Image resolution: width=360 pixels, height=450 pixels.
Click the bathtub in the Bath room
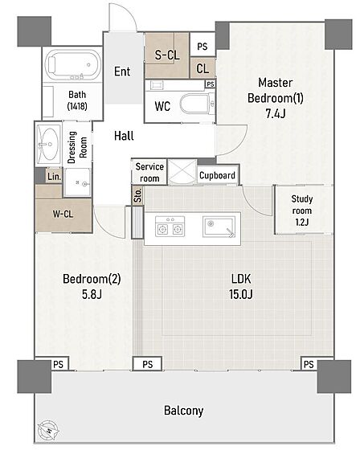(72, 65)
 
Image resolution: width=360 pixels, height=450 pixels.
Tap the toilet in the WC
(198, 104)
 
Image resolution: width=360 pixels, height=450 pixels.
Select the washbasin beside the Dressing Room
(49, 144)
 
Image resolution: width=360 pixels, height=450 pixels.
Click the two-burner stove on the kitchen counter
(170, 227)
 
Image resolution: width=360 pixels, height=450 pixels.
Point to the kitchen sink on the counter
(219, 227)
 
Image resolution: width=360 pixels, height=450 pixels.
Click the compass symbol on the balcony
(48, 431)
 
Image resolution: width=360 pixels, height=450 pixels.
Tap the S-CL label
(167, 55)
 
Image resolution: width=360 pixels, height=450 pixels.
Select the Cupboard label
(217, 175)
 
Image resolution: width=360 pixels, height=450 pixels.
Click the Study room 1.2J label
(301, 211)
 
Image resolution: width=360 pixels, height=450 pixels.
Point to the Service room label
(149, 172)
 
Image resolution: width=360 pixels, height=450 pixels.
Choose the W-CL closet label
(63, 214)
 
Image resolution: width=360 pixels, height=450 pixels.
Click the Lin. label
(55, 177)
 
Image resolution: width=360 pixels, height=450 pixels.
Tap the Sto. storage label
(138, 195)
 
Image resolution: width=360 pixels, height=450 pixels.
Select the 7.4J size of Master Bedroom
(276, 113)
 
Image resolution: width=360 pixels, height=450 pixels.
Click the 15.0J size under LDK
(241, 294)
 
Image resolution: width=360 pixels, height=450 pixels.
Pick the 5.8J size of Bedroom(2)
(92, 294)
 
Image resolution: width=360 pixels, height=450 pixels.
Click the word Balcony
(184, 411)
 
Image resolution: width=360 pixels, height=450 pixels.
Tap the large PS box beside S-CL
(202, 44)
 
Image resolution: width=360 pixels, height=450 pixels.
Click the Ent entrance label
(122, 72)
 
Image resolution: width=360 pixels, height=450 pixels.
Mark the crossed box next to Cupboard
(182, 172)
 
